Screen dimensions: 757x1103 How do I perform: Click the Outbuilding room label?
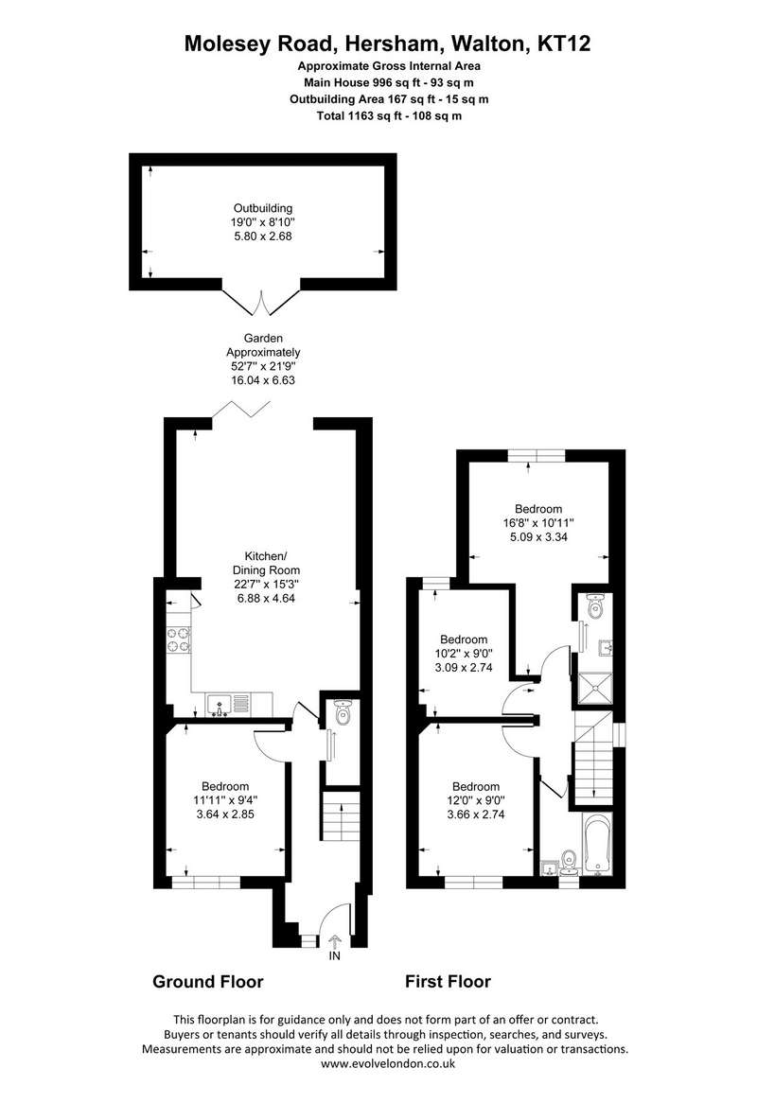pyautogui.click(x=263, y=208)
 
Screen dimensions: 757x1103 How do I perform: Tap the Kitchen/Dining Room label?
pyautogui.click(x=267, y=563)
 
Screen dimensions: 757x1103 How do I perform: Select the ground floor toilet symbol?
pyautogui.click(x=343, y=713)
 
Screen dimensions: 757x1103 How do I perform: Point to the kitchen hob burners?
pyautogui.click(x=179, y=639)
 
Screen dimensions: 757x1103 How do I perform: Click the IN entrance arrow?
pyautogui.click(x=334, y=940)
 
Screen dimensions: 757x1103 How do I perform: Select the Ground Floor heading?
pyautogui.click(x=208, y=981)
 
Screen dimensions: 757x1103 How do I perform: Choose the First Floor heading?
pyautogui.click(x=449, y=981)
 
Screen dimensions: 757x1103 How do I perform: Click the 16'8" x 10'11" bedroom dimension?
pyautogui.click(x=539, y=523)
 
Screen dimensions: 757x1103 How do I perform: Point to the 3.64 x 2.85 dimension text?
pyautogui.click(x=225, y=814)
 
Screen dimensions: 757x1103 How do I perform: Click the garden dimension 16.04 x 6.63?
pyautogui.click(x=263, y=380)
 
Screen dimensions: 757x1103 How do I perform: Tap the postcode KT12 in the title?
pyautogui.click(x=564, y=44)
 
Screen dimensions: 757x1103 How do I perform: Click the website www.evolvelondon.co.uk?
pyautogui.click(x=388, y=1063)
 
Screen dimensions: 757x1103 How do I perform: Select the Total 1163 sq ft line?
pyautogui.click(x=389, y=116)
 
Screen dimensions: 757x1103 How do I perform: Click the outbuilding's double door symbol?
pyautogui.click(x=262, y=303)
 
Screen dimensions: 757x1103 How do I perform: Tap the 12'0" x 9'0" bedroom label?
pyautogui.click(x=476, y=800)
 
